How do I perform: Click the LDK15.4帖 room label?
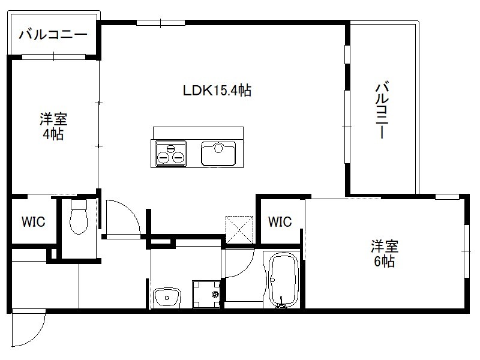click(217, 91)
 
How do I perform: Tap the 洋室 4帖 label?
click(53, 127)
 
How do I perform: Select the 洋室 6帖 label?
click(385, 254)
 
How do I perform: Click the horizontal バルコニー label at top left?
click(53, 35)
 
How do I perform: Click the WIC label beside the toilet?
click(34, 221)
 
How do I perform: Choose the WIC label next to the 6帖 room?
click(280, 221)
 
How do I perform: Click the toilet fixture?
click(79, 217)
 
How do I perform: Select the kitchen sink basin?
click(218, 154)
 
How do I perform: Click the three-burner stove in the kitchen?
click(171, 154)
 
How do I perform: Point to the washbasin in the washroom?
click(167, 296)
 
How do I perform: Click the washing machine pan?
click(206, 294)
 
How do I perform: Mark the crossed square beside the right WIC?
click(239, 230)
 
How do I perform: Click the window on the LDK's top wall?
click(161, 23)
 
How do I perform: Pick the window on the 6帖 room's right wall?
click(467, 251)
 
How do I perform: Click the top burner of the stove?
click(171, 149)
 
